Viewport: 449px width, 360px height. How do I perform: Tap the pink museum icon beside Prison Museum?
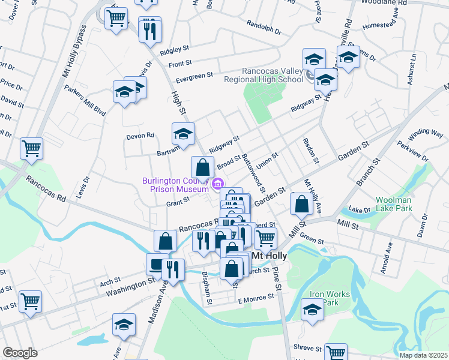coord(219,184)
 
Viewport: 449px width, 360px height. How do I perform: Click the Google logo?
coord(20,353)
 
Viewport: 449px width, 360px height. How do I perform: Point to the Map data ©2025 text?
coord(423,355)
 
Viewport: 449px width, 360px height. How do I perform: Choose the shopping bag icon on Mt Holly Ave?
coord(301,204)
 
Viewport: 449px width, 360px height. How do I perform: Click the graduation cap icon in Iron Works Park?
coord(312,310)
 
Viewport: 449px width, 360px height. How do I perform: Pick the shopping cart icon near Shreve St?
coord(336,352)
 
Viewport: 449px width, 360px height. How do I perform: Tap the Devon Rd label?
coord(140,136)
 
